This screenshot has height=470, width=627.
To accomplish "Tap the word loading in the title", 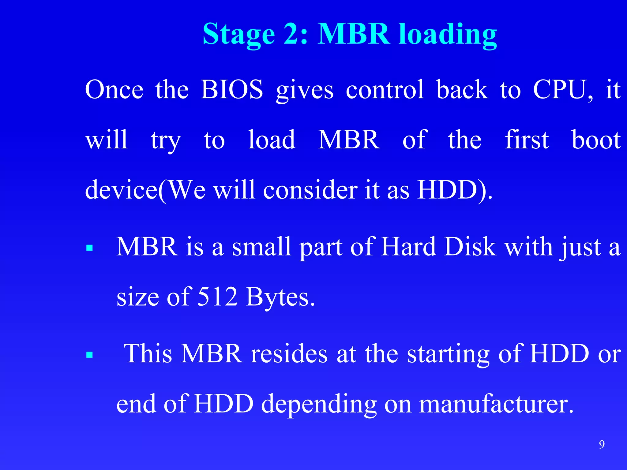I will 448,34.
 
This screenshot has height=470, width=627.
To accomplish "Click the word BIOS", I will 232,90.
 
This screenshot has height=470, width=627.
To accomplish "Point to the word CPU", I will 562,90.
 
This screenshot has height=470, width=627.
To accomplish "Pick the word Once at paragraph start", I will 114,90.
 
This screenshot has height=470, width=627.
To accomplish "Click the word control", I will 385,90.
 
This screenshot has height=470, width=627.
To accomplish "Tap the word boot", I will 596,140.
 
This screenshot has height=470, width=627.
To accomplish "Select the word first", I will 527,140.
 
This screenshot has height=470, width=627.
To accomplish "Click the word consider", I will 310,190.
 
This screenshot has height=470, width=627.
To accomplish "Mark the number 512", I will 217,297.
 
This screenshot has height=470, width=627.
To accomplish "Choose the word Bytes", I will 280,297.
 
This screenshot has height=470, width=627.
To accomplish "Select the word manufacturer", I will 496,404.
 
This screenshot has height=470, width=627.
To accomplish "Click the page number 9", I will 602,444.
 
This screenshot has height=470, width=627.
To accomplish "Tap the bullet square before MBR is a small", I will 89,248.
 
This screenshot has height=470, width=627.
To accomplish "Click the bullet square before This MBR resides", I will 89,355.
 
